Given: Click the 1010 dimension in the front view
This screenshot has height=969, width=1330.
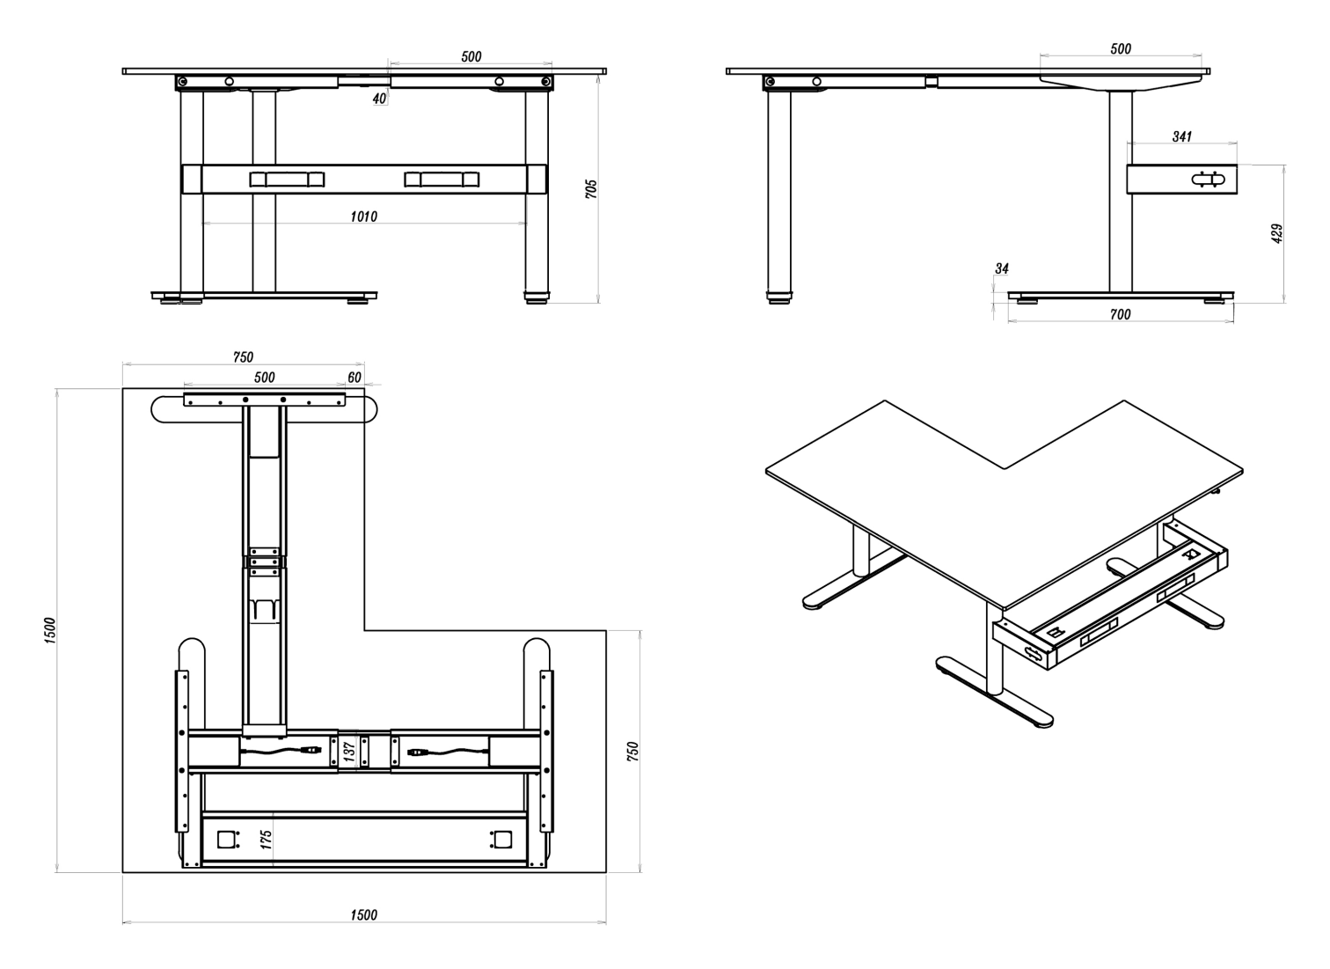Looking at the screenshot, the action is point(363,217).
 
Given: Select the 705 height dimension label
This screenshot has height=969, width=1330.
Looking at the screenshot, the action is point(591,189).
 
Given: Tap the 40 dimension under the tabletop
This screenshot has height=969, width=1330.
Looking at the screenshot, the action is point(379,99).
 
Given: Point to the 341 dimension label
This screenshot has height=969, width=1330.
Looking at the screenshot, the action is point(1181,136).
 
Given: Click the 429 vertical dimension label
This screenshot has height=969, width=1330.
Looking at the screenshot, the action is point(1276,233).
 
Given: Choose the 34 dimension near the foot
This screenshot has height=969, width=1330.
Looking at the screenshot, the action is point(1002,268).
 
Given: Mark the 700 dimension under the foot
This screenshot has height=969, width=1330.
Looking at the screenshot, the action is point(1121,314).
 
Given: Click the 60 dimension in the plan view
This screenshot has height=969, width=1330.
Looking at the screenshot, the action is point(354,378).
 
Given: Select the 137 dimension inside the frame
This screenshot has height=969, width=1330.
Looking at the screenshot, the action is point(350,751).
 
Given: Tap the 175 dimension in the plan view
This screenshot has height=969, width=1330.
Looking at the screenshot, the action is point(266,840).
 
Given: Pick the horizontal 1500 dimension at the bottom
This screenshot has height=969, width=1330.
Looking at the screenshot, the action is point(363,915).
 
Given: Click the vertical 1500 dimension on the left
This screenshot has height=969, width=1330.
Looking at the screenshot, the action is point(50,630).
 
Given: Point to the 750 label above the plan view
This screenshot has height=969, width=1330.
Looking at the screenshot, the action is point(243,357).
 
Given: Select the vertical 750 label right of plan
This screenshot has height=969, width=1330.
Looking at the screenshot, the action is point(632,752).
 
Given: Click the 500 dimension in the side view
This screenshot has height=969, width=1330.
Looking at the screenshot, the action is point(1121,48).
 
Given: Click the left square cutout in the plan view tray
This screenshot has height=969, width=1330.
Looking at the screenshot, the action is point(225,840).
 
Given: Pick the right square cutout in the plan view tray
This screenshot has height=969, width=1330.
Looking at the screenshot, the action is point(503,840).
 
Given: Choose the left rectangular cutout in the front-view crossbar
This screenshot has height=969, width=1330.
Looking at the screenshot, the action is point(288,180).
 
